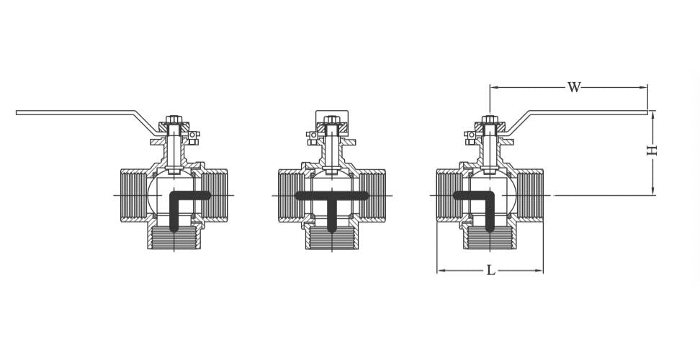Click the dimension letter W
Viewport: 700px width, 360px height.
pyautogui.click(x=573, y=88)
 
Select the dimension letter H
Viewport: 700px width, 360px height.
pyautogui.click(x=652, y=150)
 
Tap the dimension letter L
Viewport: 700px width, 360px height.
pyautogui.click(x=490, y=271)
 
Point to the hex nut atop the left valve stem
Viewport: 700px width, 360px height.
pyautogui.click(x=174, y=120)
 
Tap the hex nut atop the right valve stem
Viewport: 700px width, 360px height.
pyautogui.click(x=489, y=120)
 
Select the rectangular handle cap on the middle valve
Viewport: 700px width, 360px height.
pyautogui.click(x=331, y=117)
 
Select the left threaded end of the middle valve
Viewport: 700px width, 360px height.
pyautogui.click(x=289, y=195)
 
